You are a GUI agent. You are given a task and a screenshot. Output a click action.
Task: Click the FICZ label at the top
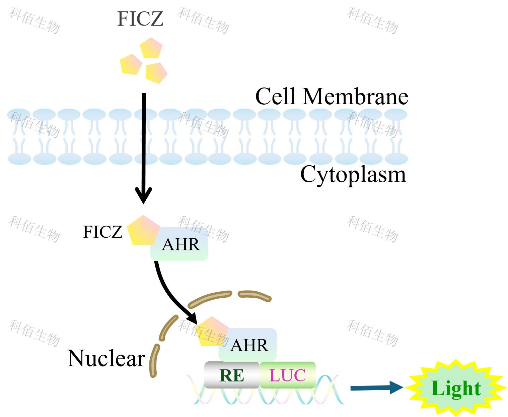point(140,19)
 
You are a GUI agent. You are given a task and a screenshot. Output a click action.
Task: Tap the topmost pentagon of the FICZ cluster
point(151,48)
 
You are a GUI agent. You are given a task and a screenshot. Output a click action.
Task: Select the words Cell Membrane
point(331,97)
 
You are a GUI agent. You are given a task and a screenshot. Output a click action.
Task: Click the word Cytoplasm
point(353,174)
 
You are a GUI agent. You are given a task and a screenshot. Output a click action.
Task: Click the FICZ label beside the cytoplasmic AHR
point(102,232)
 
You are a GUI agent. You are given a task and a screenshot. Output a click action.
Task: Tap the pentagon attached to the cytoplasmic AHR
point(143,231)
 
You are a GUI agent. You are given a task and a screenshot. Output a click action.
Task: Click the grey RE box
point(232,375)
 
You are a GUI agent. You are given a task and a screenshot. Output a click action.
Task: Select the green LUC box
point(288,375)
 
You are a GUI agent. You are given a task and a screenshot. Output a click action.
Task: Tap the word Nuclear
point(106,358)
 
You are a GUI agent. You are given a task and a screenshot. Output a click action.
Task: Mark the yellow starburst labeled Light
point(456,388)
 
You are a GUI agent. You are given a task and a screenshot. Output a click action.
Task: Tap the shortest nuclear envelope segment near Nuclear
point(154,361)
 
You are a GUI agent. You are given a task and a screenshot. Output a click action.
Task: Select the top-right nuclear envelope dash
point(254,295)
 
